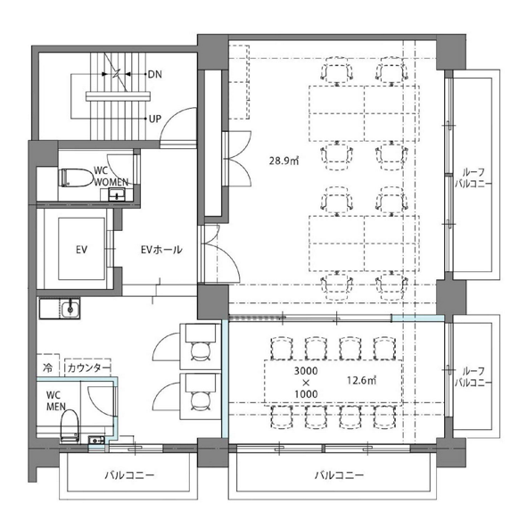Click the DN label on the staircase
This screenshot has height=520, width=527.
[155, 74]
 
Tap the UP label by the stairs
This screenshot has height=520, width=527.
[155, 119]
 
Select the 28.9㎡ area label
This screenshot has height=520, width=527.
[284, 161]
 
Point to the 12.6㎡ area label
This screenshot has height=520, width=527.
[362, 381]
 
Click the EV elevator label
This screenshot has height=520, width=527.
[81, 250]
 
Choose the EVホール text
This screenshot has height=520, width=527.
[161, 250]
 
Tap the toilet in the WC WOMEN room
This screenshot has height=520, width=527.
[76, 177]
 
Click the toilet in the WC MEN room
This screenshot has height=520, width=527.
[70, 425]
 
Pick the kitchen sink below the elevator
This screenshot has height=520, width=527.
[70, 309]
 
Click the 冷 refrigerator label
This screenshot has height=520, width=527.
[47, 367]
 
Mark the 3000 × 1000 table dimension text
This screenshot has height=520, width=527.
[306, 382]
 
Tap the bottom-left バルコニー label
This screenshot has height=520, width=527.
[129, 475]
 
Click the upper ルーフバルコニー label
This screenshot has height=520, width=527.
[473, 178]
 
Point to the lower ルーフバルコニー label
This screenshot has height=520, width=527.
[473, 376]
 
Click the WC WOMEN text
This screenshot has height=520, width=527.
[111, 176]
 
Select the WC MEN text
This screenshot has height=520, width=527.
[56, 400]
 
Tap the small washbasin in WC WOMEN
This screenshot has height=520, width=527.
[117, 194]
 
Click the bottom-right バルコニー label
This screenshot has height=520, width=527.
[339, 475]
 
